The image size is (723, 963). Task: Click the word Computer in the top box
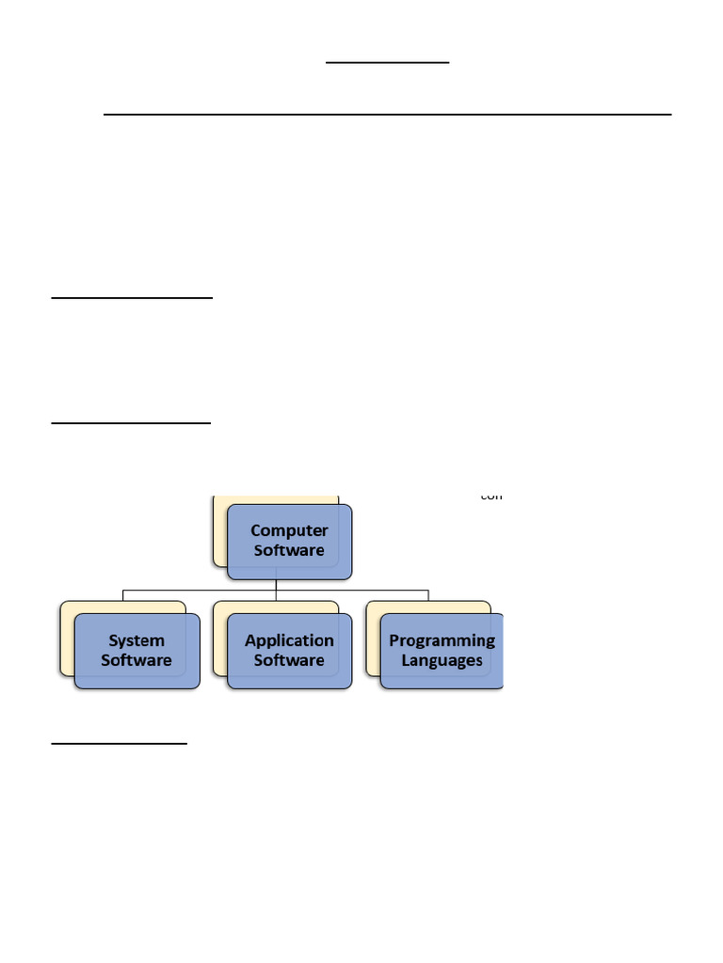click(289, 530)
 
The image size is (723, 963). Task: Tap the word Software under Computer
click(289, 551)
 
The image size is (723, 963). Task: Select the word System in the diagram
click(137, 640)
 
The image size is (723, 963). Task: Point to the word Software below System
click(137, 660)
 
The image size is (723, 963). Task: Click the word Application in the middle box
click(289, 640)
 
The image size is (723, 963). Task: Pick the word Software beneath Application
click(289, 660)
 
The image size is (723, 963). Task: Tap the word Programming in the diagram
click(442, 640)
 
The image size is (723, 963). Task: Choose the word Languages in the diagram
click(442, 660)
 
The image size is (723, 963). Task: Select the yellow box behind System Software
click(67, 639)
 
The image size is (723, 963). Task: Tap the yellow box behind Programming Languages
click(373, 639)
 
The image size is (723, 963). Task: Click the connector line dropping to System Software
click(122, 595)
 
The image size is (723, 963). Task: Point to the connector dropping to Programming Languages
click(428, 595)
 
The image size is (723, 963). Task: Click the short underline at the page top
click(388, 62)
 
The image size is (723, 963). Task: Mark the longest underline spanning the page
click(387, 115)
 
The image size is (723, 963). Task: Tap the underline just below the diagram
click(119, 744)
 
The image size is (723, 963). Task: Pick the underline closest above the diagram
click(131, 424)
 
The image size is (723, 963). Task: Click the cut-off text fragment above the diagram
click(491, 496)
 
